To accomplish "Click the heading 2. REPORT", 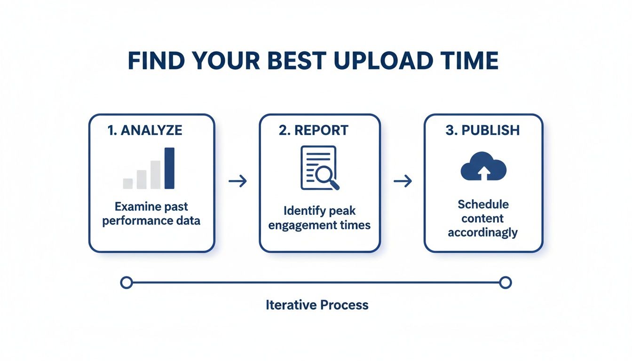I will [314, 131].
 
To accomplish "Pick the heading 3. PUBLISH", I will [482, 131].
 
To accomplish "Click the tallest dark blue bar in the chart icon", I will [169, 168].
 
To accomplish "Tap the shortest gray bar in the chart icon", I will [127, 183].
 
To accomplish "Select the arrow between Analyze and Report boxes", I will [237, 181].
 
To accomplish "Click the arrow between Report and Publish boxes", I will [403, 181].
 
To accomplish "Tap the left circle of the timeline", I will [126, 283].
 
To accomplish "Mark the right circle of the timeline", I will [505, 283].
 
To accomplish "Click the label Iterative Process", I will [317, 305].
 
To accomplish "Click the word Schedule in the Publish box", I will [483, 204].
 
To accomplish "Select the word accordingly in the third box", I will [482, 232].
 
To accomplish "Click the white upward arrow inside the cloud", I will [483, 173].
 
